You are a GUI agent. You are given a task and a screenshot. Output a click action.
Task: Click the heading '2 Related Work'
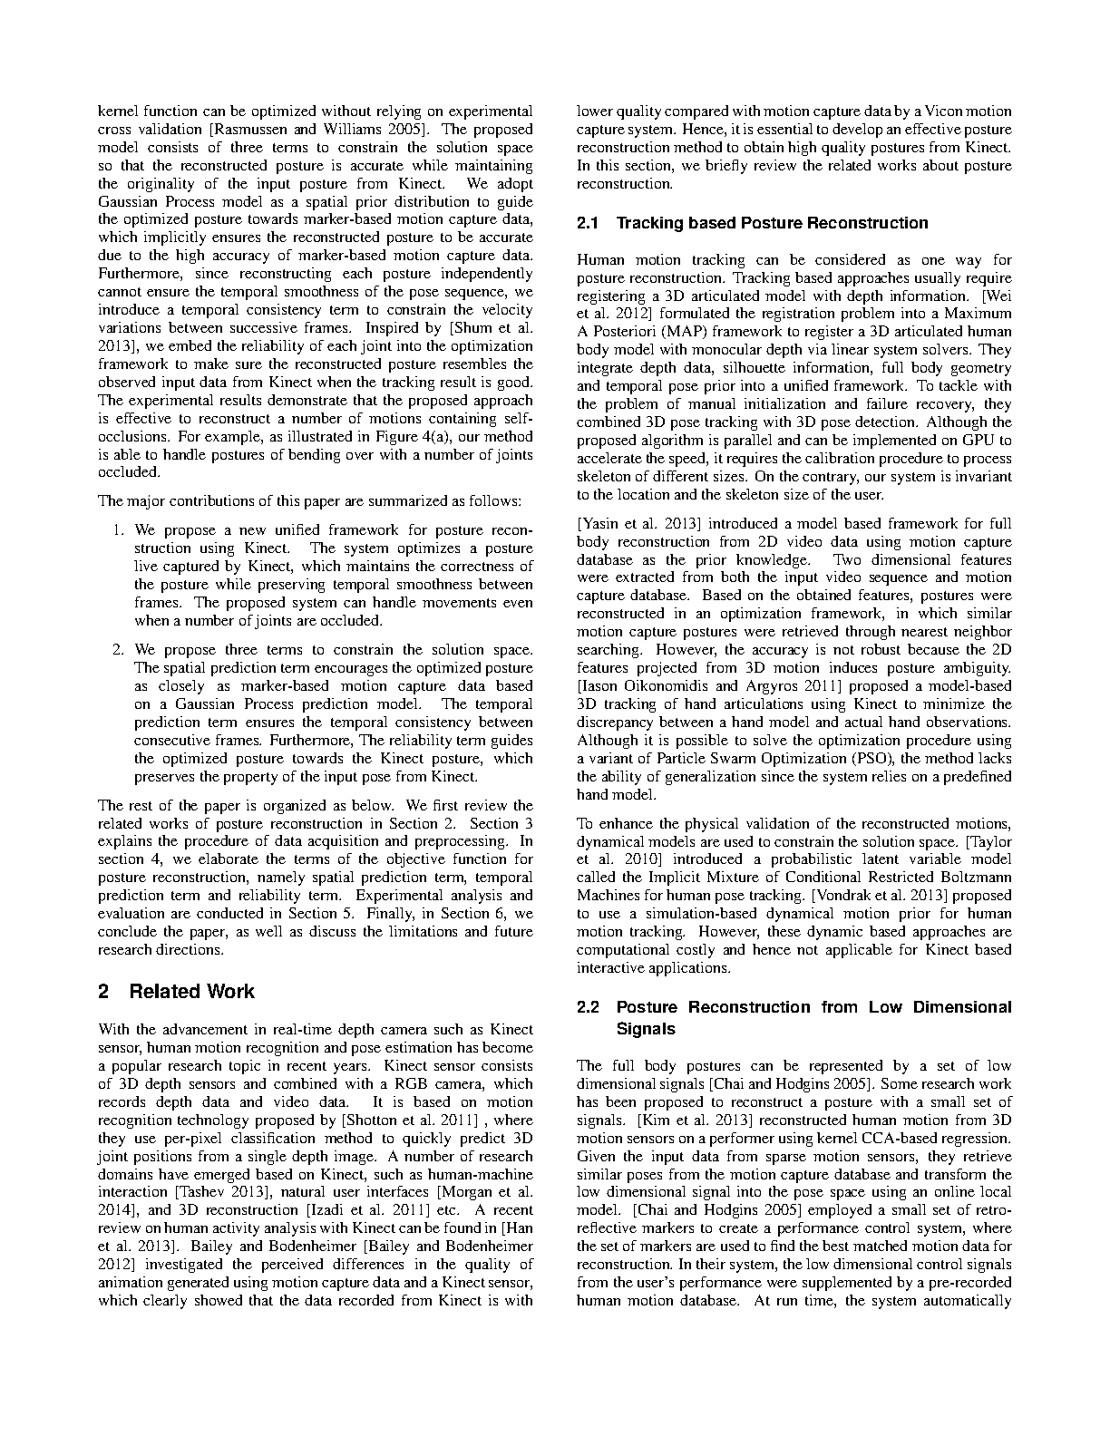pos(176,991)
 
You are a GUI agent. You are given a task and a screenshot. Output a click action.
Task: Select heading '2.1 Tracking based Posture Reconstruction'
pos(753,223)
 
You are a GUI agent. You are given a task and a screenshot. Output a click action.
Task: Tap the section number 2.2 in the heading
pos(590,1007)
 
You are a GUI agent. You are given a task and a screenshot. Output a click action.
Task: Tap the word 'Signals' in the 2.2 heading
pos(646,1029)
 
